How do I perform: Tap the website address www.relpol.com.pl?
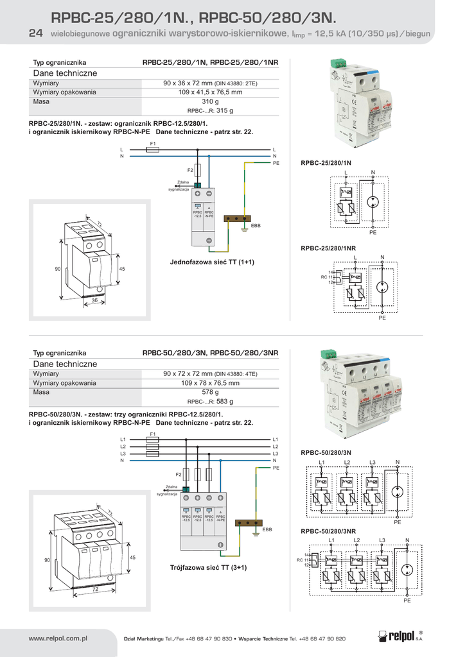click(x=58, y=638)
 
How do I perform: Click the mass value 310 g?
click(x=210, y=101)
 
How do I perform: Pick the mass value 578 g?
click(x=210, y=392)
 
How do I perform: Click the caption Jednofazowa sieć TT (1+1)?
click(x=211, y=262)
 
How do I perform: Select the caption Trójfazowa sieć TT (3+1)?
click(x=208, y=567)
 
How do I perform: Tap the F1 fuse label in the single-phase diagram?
click(x=153, y=143)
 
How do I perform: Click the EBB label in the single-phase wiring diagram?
click(x=256, y=226)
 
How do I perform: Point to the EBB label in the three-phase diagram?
click(x=267, y=530)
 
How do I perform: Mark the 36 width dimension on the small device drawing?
click(x=94, y=300)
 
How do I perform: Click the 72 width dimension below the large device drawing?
click(x=94, y=589)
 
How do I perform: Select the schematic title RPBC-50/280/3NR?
click(x=328, y=531)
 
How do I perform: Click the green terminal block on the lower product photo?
click(x=328, y=354)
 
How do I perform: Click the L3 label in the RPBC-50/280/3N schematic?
click(x=372, y=463)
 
